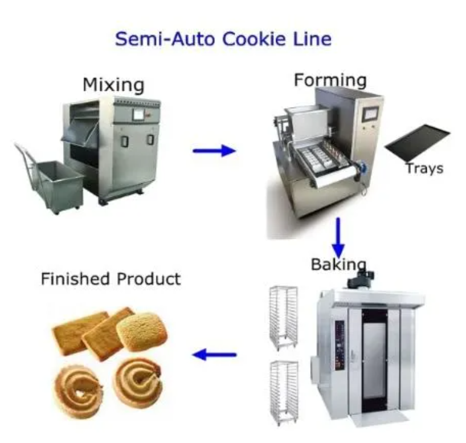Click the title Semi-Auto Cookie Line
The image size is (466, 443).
click(x=223, y=39)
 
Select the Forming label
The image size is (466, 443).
click(x=330, y=80)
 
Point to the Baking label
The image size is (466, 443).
click(x=338, y=264)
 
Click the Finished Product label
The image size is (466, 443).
click(x=111, y=279)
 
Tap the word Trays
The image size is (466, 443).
click(x=424, y=168)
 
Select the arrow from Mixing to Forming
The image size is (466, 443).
click(x=214, y=150)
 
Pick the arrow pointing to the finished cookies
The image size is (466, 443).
click(x=214, y=355)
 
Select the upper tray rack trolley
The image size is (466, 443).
click(x=283, y=317)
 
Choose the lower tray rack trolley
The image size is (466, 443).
click(x=283, y=393)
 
